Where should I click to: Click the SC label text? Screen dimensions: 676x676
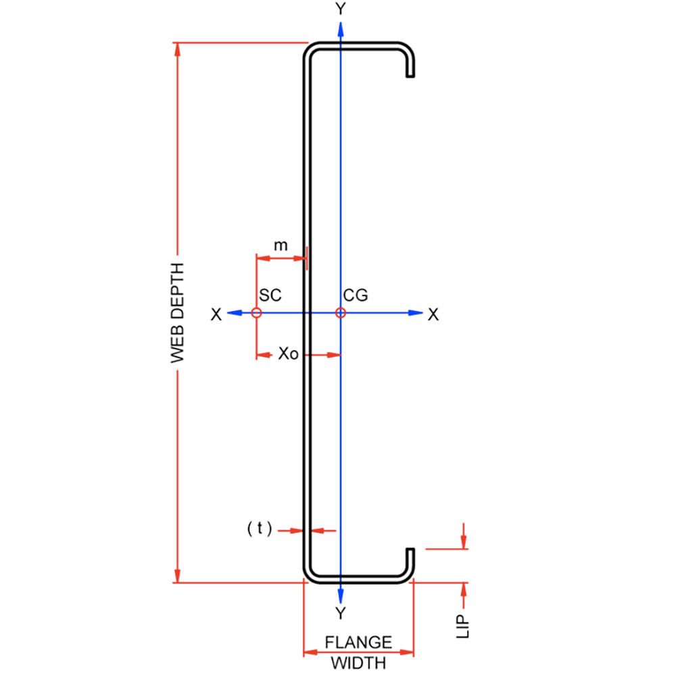coord(270,295)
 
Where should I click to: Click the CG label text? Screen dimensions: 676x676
coord(356,295)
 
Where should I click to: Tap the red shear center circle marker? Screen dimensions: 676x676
coord(256,312)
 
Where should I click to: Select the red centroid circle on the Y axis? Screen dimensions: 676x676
coord(341,312)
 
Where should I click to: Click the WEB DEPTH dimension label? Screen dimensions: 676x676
coord(178,312)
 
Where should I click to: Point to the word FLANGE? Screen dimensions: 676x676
coord(358,642)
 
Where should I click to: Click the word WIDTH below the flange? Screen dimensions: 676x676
coord(358,662)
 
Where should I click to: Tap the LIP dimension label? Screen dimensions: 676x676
coord(464,626)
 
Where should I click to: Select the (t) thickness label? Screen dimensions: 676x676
coord(260,529)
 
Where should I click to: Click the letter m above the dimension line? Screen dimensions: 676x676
coord(280,245)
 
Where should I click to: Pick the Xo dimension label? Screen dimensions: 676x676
coord(288,354)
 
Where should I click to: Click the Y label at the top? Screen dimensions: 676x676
coord(341,9)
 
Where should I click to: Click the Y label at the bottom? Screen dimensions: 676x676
coord(341,614)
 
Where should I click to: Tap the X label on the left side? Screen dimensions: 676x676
coord(216,314)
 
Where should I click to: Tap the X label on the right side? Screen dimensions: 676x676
coord(433,314)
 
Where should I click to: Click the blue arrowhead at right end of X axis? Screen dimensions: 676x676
coord(416,312)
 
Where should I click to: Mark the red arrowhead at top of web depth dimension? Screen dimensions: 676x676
coord(178,51)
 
